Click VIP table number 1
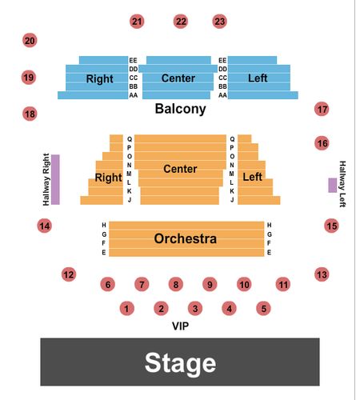tap(126, 309)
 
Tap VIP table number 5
tap(263, 309)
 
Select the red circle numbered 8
tap(176, 284)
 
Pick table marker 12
tap(69, 274)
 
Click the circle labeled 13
tap(322, 274)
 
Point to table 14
tap(44, 226)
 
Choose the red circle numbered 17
tap(322, 109)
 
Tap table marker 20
tap(30, 41)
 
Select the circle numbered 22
tap(181, 22)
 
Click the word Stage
tap(180, 363)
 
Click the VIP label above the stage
tap(181, 326)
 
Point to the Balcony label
tap(181, 109)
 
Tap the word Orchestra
tap(186, 238)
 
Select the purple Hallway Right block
tap(55, 179)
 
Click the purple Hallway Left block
tap(332, 186)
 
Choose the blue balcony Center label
tap(178, 78)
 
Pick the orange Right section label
tap(108, 178)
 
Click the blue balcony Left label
tap(258, 78)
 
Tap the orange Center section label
tap(180, 169)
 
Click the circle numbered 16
tap(322, 143)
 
